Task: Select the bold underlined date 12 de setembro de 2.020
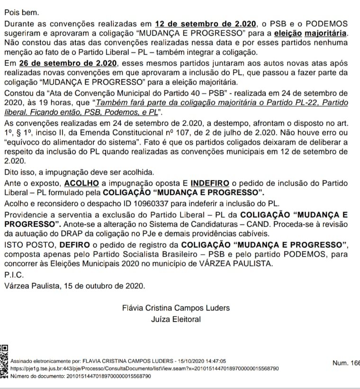pyautogui.click(x=206, y=24)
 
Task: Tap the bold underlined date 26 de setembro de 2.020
pyautogui.click(x=65, y=63)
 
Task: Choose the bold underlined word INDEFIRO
pyautogui.click(x=210, y=183)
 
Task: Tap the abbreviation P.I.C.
pyautogui.click(x=13, y=275)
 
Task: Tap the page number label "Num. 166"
pyautogui.click(x=346, y=363)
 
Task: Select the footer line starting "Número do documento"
pyautogui.click(x=81, y=376)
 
